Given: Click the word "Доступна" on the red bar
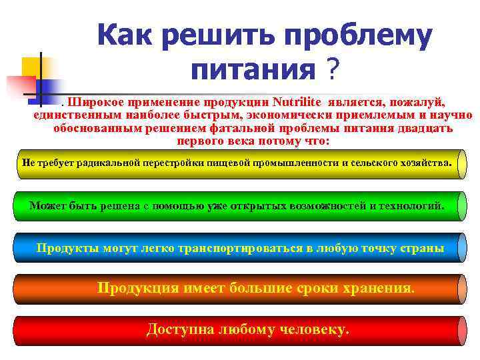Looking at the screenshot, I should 177,329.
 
